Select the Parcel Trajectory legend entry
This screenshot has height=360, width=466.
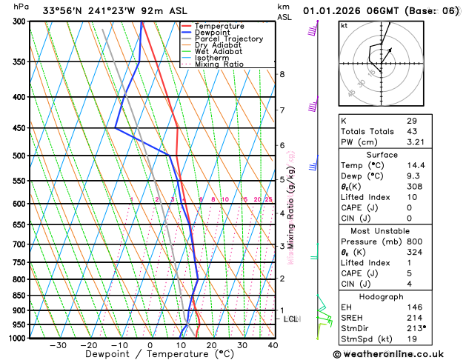tap(229, 39)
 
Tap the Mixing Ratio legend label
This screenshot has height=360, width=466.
tap(219, 64)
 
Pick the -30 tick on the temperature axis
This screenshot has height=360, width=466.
tap(57, 345)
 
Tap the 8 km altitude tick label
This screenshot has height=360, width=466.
tap(282, 74)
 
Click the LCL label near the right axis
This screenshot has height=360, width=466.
tap(291, 319)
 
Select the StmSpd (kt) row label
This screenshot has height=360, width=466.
tap(364, 339)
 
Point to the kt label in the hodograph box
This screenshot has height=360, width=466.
tap(344, 25)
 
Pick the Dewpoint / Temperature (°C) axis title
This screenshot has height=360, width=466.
tap(150, 355)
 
